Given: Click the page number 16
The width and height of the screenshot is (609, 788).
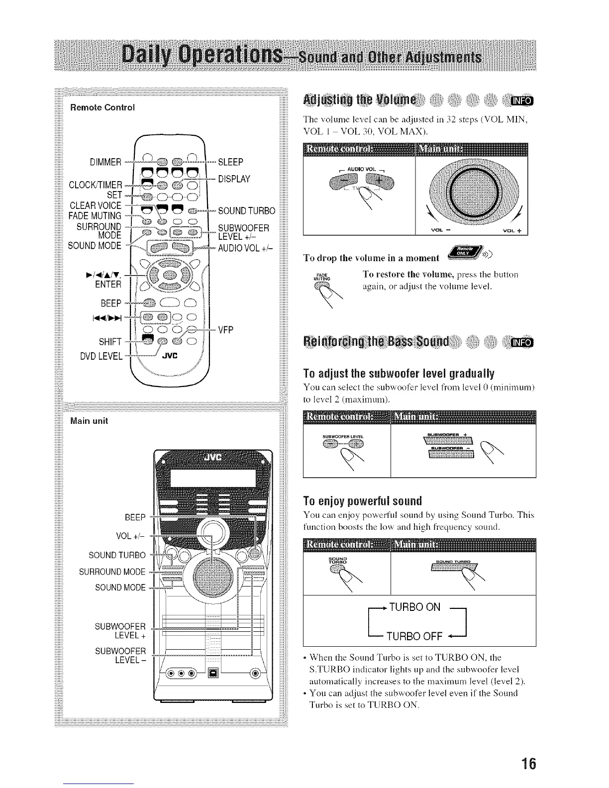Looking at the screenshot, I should (x=528, y=763).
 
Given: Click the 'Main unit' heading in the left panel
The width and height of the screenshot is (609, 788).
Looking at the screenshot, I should (x=89, y=421).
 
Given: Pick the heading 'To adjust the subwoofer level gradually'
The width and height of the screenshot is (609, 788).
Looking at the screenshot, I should (x=399, y=373).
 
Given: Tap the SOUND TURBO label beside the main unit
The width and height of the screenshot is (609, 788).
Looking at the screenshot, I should (x=117, y=555).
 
